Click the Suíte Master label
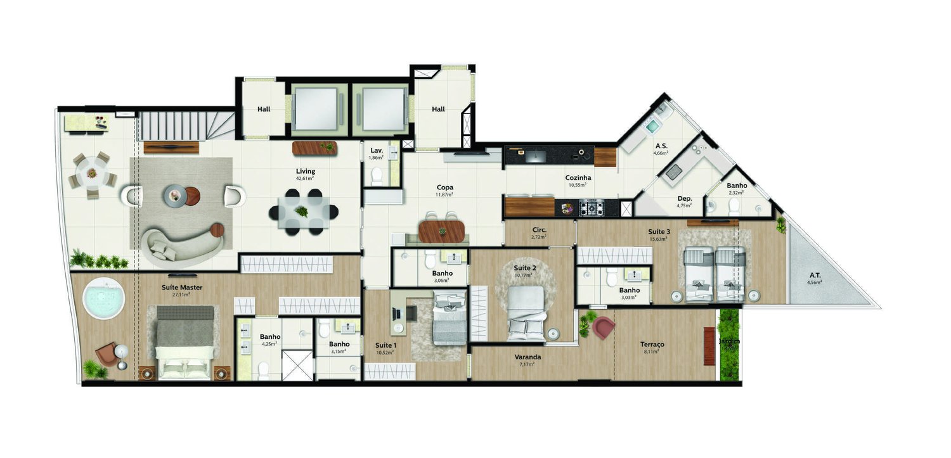(x=181, y=288)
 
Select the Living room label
(x=305, y=171)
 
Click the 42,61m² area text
(x=305, y=179)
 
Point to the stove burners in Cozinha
(x=592, y=207)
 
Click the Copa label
(x=444, y=188)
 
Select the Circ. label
(x=539, y=230)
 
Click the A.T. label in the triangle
(x=815, y=275)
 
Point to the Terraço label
(x=652, y=345)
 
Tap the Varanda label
(x=527, y=357)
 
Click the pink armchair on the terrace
(x=604, y=328)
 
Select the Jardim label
(x=728, y=341)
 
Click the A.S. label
(x=661, y=145)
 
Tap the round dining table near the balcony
(x=92, y=172)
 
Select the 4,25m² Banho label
(x=269, y=337)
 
